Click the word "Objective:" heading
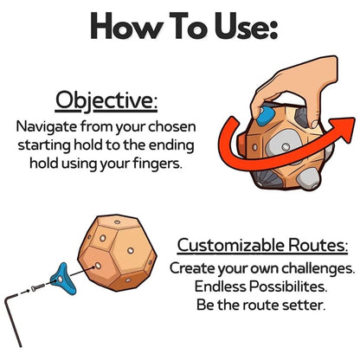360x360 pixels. click(106, 100)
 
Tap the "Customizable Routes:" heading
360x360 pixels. click(262, 246)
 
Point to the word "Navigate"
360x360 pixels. click(46, 127)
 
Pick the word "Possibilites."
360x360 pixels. click(288, 287)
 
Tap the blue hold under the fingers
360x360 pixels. click(264, 116)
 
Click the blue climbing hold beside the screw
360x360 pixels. click(62, 279)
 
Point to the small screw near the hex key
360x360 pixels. click(38, 287)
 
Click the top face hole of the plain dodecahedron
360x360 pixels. click(117, 222)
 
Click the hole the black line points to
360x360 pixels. click(98, 266)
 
